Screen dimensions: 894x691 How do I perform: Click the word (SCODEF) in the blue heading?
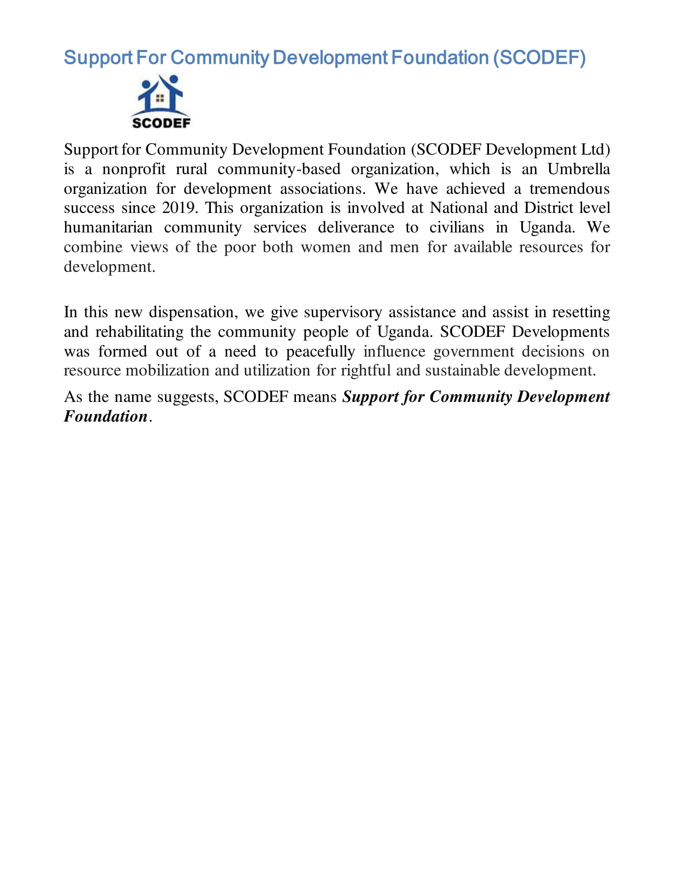[x=539, y=58]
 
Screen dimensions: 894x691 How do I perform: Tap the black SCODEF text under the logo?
[x=161, y=123]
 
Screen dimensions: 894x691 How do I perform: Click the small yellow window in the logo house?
[x=160, y=98]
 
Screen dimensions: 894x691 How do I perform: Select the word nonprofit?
[x=134, y=169]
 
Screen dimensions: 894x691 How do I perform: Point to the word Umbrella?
[x=578, y=169]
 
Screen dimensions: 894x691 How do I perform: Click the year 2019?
[x=179, y=208]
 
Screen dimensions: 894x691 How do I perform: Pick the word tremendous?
[x=569, y=189]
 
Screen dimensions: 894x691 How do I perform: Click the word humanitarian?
[x=108, y=228]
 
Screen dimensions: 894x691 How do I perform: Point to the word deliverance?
[x=356, y=228]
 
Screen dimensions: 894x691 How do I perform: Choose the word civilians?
[x=456, y=228]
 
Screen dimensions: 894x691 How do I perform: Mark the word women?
[x=326, y=247]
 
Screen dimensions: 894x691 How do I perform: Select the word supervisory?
[x=343, y=312]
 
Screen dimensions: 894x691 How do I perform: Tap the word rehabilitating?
[x=139, y=332]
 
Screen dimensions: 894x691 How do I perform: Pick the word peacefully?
[x=321, y=352]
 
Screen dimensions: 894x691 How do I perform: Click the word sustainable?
[x=462, y=371]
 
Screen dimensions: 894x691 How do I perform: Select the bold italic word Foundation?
[x=106, y=416]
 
